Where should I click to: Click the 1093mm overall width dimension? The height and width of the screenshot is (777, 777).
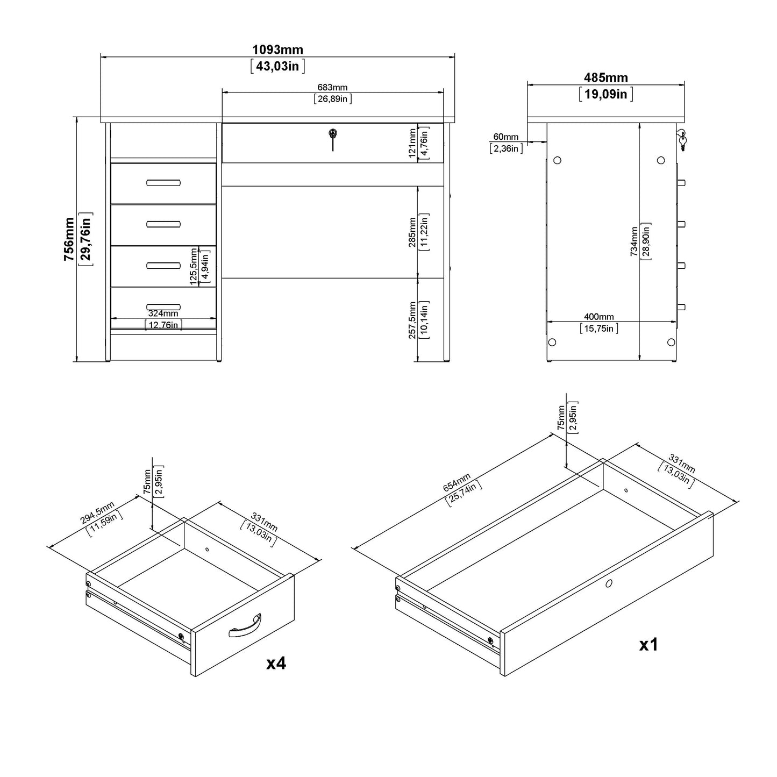click(277, 50)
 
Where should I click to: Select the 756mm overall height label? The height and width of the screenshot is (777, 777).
click(69, 239)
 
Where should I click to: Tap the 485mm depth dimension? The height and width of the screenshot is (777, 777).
click(605, 78)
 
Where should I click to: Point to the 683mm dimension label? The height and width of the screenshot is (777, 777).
click(332, 88)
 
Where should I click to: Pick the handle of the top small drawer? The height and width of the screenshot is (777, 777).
click(163, 183)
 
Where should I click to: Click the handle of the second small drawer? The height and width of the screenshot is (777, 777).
click(163, 224)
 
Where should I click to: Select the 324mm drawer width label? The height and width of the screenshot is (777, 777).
click(163, 313)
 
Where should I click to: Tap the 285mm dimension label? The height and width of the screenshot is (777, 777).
click(412, 232)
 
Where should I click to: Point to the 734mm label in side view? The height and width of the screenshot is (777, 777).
click(635, 241)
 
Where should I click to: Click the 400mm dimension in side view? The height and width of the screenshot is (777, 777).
click(598, 317)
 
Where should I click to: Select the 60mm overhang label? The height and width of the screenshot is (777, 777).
click(505, 137)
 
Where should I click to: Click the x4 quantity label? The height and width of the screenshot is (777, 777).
click(276, 664)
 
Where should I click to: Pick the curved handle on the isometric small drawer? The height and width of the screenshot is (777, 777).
click(245, 626)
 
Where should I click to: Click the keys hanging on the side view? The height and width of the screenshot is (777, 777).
click(682, 139)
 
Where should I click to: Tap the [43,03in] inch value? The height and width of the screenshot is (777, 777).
click(277, 67)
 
